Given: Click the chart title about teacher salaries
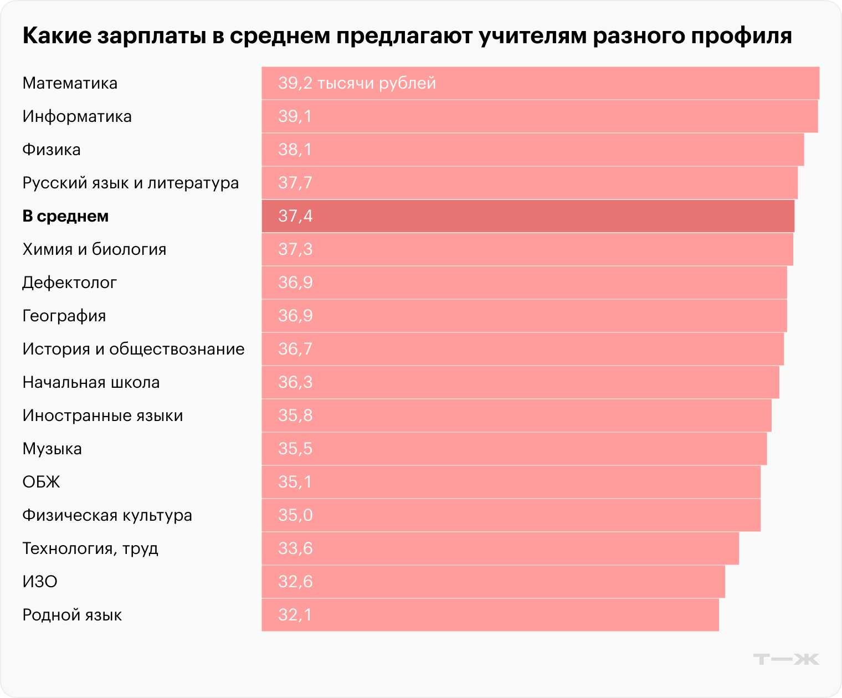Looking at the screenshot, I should (x=407, y=35).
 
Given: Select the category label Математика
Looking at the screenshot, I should (x=70, y=83).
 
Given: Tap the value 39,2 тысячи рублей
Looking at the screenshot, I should (x=357, y=83).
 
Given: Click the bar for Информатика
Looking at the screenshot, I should (x=540, y=116).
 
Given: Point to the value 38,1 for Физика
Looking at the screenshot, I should (x=295, y=150).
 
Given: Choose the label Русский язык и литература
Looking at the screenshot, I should (x=130, y=183).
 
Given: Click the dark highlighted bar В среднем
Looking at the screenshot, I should (x=527, y=216).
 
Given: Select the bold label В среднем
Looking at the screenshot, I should (x=65, y=216).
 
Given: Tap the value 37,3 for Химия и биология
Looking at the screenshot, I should (x=295, y=249).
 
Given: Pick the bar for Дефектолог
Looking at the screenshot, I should (x=524, y=283).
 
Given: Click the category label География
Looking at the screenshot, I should (x=64, y=316).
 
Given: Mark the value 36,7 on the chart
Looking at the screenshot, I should (x=295, y=349).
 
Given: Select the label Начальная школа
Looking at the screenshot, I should (x=91, y=382).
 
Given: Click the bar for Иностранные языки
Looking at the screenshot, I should (x=516, y=415).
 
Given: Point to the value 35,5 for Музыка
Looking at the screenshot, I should (x=295, y=449).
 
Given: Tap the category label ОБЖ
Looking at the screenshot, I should (x=41, y=482).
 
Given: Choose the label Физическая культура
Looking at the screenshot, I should (x=107, y=515).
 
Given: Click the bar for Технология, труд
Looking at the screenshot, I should (x=500, y=548).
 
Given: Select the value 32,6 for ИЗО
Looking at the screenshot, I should (x=295, y=582).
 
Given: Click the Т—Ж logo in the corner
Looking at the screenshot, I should (x=786, y=659).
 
